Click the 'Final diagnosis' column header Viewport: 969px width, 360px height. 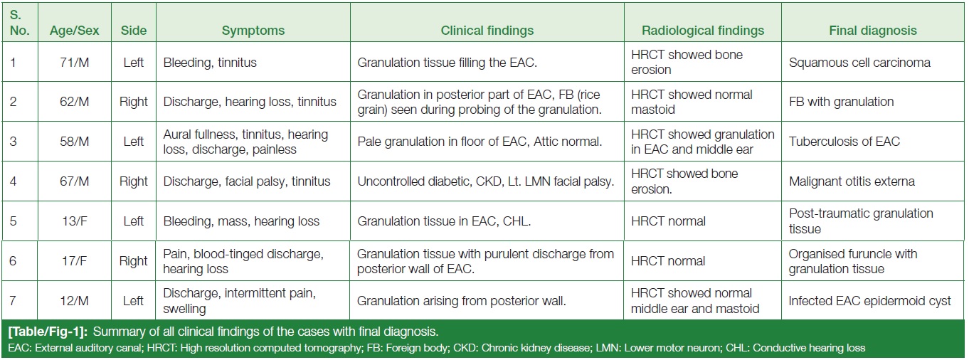coord(872,31)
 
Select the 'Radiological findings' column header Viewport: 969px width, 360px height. coord(702,31)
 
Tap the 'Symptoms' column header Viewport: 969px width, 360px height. coord(253,31)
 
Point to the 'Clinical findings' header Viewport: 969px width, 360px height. coord(487,31)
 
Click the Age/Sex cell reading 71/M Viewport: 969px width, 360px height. coord(75,63)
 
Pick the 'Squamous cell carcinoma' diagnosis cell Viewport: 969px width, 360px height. coord(859,63)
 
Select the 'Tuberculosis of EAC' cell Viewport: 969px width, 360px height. coord(844,142)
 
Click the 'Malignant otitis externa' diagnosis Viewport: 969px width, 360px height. coord(852,181)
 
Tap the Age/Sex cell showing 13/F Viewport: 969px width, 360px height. coord(75,221)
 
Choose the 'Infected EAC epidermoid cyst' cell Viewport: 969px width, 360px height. coord(869,301)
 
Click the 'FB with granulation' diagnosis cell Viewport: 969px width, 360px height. coord(841,102)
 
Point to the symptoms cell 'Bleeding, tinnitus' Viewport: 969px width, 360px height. coord(210,63)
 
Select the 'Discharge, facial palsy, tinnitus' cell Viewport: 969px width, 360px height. coord(247,181)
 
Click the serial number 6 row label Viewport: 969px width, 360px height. coord(13,261)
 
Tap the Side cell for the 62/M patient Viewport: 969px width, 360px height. coord(133,102)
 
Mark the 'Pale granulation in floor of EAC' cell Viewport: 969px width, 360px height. coord(480,142)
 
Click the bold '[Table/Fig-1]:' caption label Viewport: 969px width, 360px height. coord(48,332)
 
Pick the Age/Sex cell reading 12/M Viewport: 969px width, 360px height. coord(75,301)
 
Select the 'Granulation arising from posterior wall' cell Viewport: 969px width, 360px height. coord(461,301)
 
